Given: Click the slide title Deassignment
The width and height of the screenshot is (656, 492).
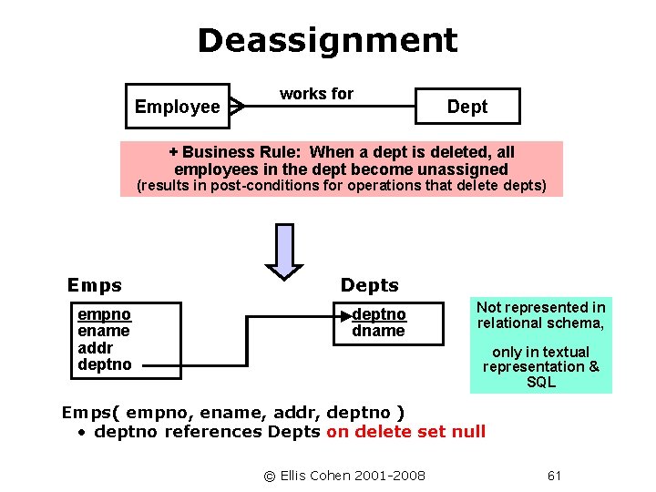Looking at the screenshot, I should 327,40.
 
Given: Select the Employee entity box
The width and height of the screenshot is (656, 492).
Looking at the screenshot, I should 177,107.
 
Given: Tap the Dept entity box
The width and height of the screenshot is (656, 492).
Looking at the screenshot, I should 466,107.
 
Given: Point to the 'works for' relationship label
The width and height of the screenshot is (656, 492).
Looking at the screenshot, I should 316,94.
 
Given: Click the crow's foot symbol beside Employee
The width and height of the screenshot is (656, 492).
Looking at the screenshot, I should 237,107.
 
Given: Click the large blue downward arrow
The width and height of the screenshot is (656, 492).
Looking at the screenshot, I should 284,251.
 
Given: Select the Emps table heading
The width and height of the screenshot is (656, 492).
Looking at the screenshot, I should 95,285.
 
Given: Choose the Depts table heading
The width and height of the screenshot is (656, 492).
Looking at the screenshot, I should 369,285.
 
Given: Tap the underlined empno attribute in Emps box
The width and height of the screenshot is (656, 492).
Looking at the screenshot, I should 105,315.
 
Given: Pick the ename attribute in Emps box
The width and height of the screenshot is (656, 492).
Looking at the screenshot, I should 104,331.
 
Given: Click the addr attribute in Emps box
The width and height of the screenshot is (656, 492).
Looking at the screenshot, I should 95,347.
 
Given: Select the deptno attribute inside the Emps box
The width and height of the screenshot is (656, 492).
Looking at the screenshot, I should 105,364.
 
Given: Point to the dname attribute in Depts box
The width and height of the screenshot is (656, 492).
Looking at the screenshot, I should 378,331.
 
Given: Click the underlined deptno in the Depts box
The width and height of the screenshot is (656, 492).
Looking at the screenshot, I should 379,315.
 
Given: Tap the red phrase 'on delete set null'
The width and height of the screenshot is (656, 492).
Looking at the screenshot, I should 405,431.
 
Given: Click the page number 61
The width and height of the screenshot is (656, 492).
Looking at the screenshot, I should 555,475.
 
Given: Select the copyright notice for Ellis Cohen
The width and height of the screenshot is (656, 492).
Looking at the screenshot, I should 344,475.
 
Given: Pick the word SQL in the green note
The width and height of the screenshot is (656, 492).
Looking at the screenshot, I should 540,382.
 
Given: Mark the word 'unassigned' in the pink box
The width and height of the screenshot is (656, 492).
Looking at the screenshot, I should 462,169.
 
